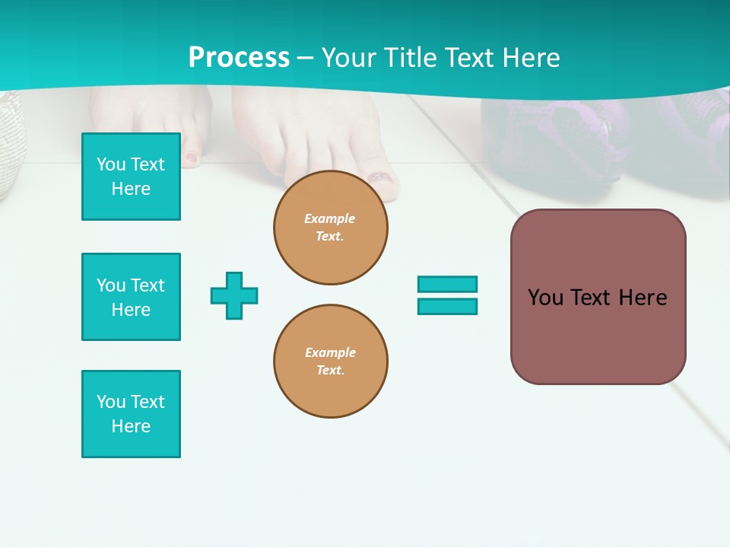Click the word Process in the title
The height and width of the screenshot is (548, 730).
tap(239, 58)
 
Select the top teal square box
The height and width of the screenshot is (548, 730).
tap(131, 177)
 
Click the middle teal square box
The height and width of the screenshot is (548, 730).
tap(131, 297)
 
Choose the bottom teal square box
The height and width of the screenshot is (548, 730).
tap(131, 414)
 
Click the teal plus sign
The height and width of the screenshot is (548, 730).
tap(234, 295)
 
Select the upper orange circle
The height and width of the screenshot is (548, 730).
tap(330, 228)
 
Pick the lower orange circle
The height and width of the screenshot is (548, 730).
tap(330, 362)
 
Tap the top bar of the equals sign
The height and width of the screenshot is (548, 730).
tap(447, 284)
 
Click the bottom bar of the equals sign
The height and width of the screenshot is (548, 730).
tap(447, 306)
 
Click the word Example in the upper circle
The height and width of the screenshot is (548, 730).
tap(329, 218)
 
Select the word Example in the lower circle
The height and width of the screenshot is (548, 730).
tap(330, 352)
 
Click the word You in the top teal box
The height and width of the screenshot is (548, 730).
tap(111, 164)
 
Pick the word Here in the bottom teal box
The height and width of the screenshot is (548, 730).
tap(131, 426)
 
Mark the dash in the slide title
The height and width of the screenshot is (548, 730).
tap(305, 58)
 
